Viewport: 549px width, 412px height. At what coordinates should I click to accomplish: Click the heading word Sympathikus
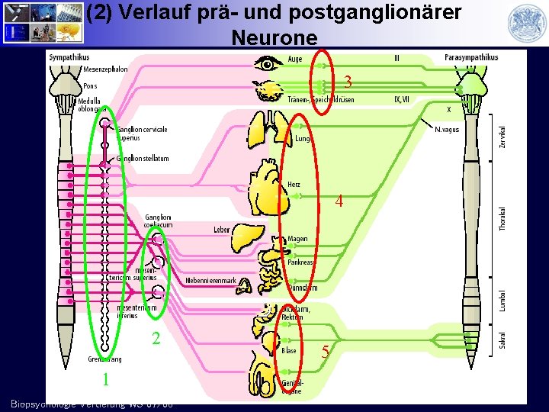69,57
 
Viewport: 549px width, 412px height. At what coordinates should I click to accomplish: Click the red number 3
347,82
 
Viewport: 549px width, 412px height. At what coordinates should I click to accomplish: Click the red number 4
339,202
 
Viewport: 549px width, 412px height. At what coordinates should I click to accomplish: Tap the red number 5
325,352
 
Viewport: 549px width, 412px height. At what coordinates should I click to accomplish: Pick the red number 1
107,379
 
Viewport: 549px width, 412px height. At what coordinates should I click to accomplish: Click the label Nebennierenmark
210,281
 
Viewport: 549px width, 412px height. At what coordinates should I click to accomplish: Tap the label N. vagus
447,130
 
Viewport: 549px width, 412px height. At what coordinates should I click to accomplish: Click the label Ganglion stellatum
143,158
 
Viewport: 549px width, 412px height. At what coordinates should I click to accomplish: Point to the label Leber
222,230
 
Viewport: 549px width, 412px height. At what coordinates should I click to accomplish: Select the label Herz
294,185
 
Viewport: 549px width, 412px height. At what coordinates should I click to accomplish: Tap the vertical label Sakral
502,340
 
